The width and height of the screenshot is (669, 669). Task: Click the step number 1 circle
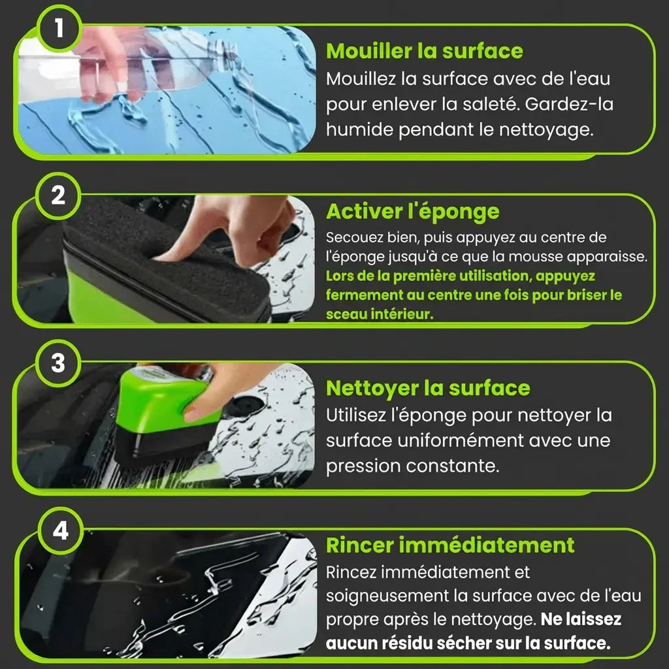tap(59, 29)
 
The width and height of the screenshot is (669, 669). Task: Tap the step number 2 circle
tap(58, 196)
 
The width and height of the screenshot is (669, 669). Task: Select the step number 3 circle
tap(58, 363)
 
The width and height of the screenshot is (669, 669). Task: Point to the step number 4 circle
tap(60, 531)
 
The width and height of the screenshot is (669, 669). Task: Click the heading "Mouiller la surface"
tap(425, 51)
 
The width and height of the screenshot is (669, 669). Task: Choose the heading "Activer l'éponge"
tap(413, 212)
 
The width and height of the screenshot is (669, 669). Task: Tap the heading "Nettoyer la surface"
tap(428, 388)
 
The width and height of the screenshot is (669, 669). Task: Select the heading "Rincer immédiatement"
tap(450, 546)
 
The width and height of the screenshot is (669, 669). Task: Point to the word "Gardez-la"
tap(569, 104)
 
